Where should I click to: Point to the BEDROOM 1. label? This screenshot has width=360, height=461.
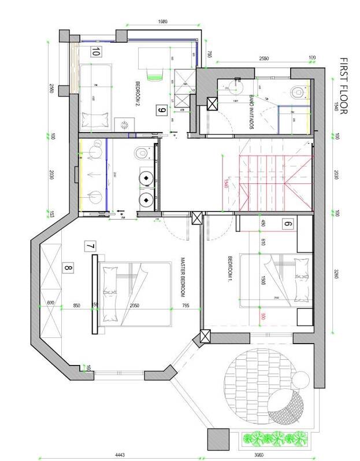click(229, 268)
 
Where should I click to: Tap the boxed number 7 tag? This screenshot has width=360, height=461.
click(90, 246)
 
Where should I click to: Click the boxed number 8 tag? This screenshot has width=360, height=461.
click(69, 268)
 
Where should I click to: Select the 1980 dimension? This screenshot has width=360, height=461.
click(162, 21)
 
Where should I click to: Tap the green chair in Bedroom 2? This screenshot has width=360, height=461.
click(154, 72)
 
